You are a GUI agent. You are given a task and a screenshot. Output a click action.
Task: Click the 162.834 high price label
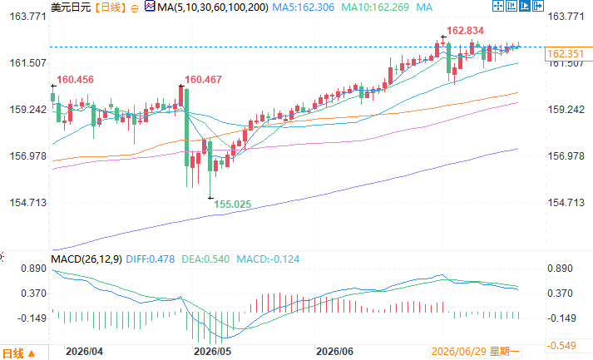[x=465, y=31]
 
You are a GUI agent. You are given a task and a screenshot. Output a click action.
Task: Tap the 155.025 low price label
[x=233, y=205]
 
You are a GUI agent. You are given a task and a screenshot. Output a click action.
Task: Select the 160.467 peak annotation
[x=203, y=80]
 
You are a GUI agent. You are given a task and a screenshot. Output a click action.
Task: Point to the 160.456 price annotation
[x=75, y=80]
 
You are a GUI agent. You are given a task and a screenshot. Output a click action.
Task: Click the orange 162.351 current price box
[x=565, y=54]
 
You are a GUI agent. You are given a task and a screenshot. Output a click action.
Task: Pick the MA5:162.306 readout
[x=304, y=7]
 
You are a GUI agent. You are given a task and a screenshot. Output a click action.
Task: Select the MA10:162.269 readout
[x=375, y=7]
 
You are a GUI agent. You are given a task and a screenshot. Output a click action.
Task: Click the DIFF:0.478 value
[x=151, y=259]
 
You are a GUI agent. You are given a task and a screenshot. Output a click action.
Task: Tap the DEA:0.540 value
[x=205, y=259]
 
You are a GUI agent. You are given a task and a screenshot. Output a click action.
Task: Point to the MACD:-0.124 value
[x=268, y=259]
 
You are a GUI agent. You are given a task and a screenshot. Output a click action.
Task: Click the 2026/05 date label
[x=212, y=352]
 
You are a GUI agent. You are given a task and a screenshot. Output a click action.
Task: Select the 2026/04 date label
[x=84, y=352]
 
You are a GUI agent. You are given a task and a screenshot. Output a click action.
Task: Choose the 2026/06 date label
[x=334, y=352]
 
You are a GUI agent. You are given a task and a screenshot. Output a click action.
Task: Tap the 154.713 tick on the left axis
[x=28, y=203]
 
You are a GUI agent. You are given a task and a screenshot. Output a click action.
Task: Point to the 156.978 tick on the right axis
[x=566, y=156]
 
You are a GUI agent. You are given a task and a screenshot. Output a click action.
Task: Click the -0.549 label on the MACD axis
[x=561, y=346]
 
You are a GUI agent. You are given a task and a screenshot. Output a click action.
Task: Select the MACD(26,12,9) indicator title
[x=86, y=259]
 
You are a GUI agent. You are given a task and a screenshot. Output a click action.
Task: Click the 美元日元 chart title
[x=71, y=7]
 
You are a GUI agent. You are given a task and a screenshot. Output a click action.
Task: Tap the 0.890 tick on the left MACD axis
[x=33, y=269]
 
